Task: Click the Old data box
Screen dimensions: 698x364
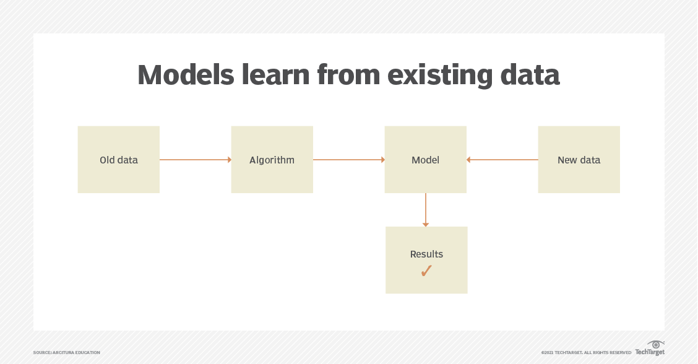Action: click(x=118, y=160)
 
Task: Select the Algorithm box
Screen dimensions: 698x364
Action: click(x=272, y=160)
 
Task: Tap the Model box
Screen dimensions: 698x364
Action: click(x=426, y=160)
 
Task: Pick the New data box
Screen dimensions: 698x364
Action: click(x=579, y=160)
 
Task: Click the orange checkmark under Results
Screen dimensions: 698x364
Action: click(x=426, y=271)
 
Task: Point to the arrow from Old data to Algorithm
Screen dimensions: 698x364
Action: click(x=196, y=160)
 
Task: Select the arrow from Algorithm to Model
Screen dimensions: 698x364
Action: click(x=349, y=160)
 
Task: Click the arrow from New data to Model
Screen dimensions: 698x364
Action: click(x=502, y=160)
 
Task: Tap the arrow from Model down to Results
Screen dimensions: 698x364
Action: click(x=426, y=210)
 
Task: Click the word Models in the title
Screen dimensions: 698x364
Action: click(x=186, y=74)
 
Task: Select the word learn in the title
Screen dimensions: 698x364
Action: click(x=275, y=74)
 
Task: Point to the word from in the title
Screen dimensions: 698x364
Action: click(x=348, y=74)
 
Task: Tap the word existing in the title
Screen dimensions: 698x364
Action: click(x=440, y=76)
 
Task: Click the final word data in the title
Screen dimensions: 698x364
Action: click(x=530, y=74)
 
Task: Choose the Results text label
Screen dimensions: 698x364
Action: click(x=426, y=254)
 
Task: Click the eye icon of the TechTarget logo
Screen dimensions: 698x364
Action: click(x=656, y=344)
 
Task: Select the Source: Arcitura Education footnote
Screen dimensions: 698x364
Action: click(x=66, y=352)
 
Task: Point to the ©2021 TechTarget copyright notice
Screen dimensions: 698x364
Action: click(x=586, y=352)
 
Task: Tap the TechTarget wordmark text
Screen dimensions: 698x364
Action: click(x=650, y=352)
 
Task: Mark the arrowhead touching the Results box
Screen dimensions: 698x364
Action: click(x=426, y=225)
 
